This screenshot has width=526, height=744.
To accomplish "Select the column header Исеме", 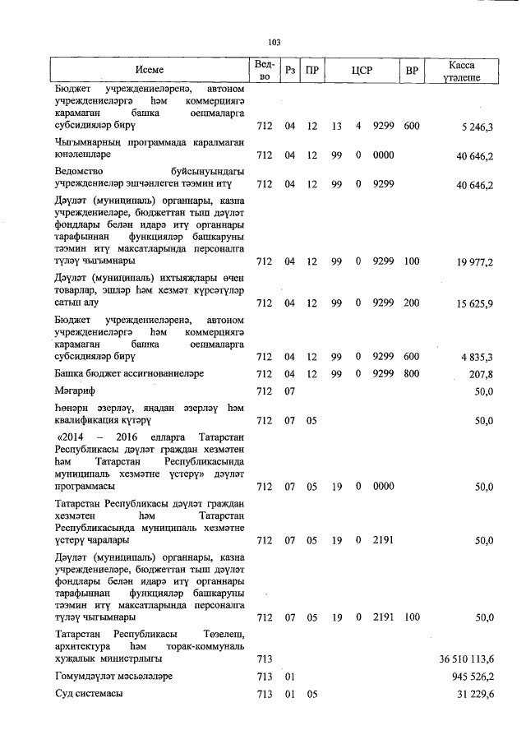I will click(x=150, y=71).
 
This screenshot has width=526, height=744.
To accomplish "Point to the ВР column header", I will click(x=412, y=71).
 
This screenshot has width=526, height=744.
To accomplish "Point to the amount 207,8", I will click(x=479, y=373).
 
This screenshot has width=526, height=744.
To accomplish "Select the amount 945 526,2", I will click(x=468, y=677).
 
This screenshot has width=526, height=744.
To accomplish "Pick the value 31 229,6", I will click(x=472, y=695).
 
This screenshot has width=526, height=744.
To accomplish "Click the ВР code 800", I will click(x=412, y=373).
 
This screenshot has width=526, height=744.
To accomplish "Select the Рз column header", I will click(x=289, y=71).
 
